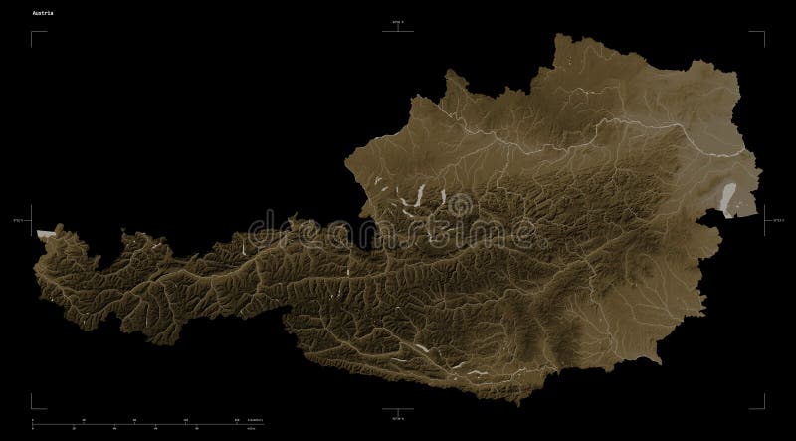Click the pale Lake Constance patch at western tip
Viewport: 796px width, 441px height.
(x=43, y=233)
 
